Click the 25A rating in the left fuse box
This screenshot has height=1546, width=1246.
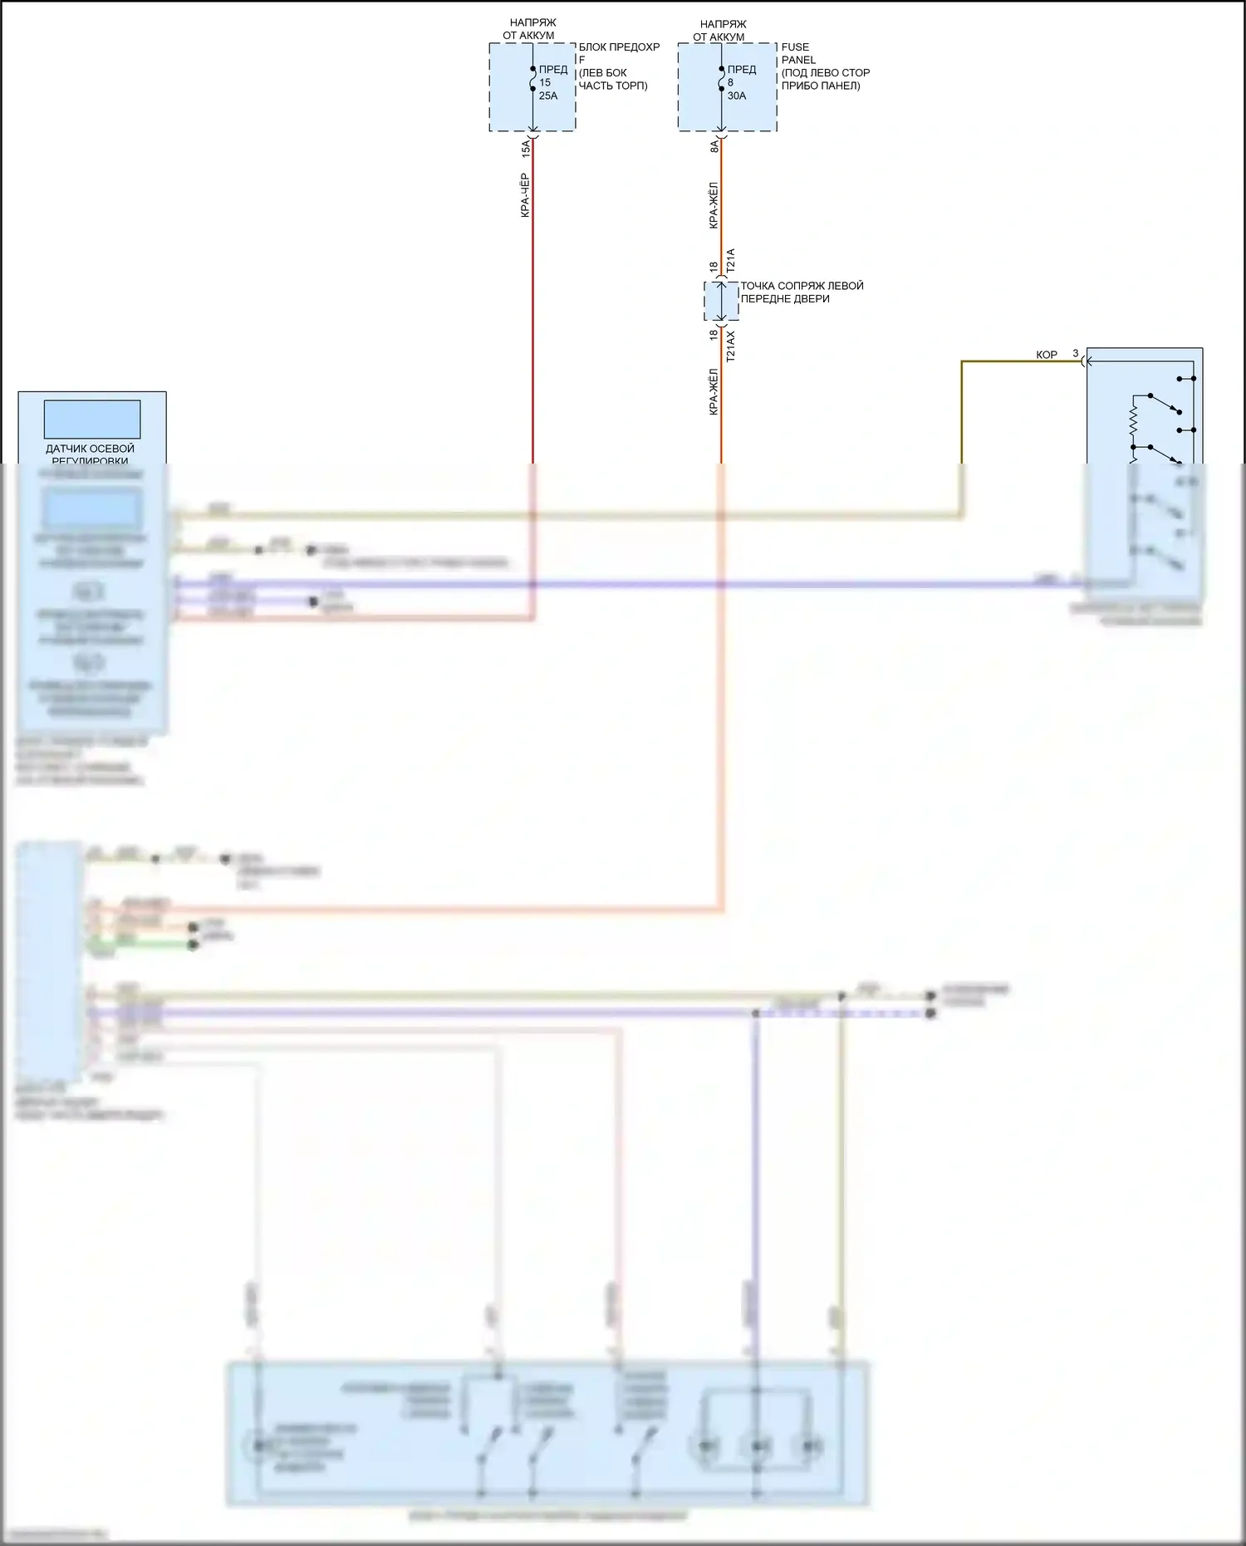coord(548,96)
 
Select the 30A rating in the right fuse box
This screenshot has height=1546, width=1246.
coord(737,96)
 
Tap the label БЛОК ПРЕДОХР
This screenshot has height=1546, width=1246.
coord(619,47)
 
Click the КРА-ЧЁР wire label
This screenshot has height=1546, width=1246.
coord(525,195)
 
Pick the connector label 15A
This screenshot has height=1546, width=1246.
coord(526,150)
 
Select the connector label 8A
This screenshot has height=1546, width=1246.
coord(714,146)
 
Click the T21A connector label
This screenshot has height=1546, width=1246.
coord(731,261)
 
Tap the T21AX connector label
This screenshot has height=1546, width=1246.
coord(731,346)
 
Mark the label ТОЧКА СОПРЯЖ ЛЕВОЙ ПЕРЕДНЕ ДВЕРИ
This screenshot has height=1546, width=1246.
coord(802,292)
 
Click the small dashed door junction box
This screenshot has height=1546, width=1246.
coord(721,301)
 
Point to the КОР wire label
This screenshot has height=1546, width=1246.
coord(1047,355)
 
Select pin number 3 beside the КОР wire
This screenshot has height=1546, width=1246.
coord(1076,353)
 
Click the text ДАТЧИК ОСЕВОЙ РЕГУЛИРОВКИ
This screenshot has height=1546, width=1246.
coord(90,454)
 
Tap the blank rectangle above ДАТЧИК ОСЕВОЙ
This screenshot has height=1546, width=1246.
coord(91,420)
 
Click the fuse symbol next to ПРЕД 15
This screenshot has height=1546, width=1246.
coord(532,79)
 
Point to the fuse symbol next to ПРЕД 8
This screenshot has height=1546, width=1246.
coord(721,79)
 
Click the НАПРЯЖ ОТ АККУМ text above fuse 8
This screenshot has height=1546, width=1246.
coord(722,31)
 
